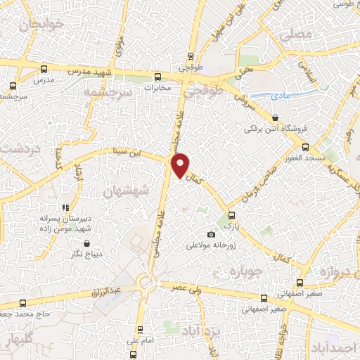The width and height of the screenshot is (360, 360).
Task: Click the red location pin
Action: coord(181,165)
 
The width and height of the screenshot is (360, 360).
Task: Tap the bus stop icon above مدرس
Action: coord(44,70)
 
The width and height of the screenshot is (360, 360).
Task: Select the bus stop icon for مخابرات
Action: coord(157,77)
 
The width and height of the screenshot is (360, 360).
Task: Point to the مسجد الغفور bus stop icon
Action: coord(305,147)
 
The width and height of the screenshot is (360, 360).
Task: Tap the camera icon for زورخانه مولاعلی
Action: coord(211,234)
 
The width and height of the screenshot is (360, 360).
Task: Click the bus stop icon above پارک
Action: coord(231,216)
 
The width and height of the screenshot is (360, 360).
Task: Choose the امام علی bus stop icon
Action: coord(140,328)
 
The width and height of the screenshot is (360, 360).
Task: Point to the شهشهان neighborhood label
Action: coord(127,191)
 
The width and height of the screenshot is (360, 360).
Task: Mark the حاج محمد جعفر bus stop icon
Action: coord(25,303)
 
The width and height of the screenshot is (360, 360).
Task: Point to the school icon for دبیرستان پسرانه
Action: coord(65,207)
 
